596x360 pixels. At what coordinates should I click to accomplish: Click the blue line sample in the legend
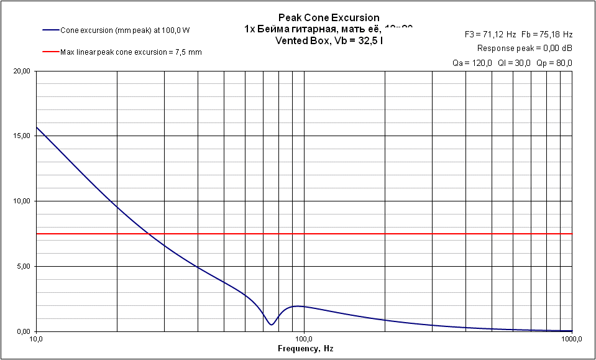coord(50,30)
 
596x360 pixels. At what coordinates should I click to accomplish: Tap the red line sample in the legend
coord(50,52)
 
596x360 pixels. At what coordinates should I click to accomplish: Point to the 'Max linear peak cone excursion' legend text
coord(131,52)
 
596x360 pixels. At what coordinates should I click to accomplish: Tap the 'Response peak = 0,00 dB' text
coord(525,48)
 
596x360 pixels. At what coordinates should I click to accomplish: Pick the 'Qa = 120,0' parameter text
coord(472,63)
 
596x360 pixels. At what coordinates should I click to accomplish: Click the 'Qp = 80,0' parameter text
coord(555,63)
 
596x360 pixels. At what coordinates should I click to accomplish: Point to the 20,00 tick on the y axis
coord(21,71)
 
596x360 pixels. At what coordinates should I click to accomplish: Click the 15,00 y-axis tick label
coord(21,136)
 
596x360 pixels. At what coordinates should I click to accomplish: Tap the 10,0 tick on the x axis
coord(36,339)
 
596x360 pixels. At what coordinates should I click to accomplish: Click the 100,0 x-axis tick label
coord(303,339)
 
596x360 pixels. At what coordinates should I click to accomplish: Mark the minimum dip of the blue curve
coord(271,325)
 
